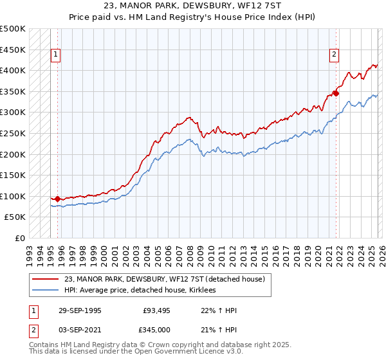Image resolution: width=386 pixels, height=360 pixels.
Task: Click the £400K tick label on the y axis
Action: point(13,71)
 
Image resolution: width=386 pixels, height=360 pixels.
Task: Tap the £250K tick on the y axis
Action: point(13,134)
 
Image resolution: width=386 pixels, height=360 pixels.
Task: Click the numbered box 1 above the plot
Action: point(56,55)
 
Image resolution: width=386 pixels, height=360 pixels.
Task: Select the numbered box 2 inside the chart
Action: point(335,55)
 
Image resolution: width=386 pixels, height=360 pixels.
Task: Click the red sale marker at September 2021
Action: point(336,93)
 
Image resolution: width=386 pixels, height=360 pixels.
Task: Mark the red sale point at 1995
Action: point(58,199)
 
